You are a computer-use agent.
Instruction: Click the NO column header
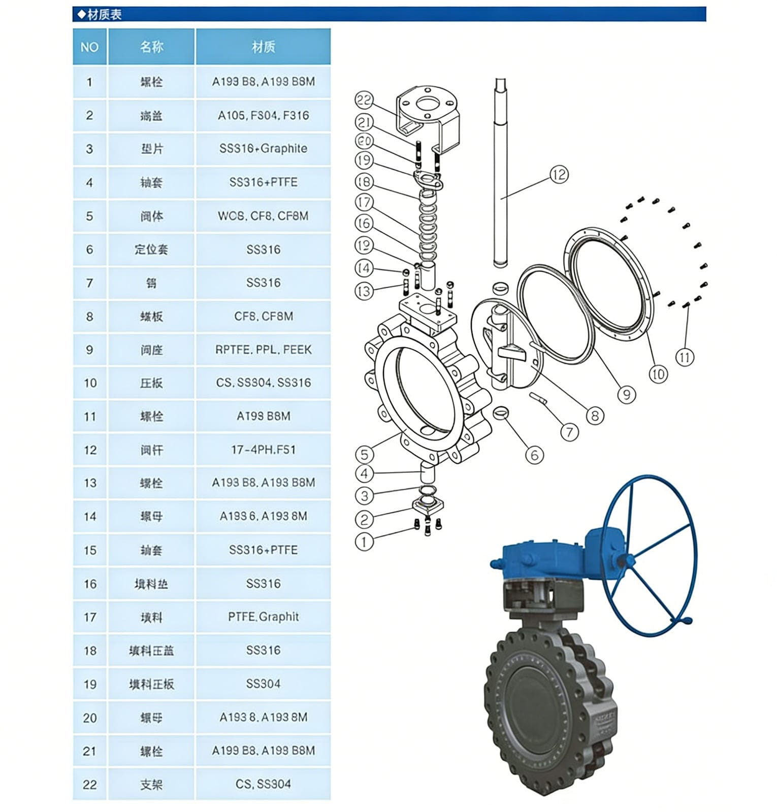[89, 47]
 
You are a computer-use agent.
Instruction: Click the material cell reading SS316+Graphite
[263, 149]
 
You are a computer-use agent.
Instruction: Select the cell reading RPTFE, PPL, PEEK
[263, 350]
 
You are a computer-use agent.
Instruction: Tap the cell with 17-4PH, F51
[263, 450]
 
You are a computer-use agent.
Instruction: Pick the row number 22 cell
[89, 785]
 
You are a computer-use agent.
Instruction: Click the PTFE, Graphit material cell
[263, 617]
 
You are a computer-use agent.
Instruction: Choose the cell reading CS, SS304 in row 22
[263, 785]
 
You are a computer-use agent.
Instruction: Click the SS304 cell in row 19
[263, 684]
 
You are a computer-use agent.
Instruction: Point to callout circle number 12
[559, 175]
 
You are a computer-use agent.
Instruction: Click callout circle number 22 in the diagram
[364, 100]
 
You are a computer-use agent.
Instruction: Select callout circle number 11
[685, 357]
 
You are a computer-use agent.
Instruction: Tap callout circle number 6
[534, 455]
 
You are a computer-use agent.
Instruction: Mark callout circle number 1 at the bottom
[364, 542]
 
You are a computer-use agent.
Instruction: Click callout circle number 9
[627, 394]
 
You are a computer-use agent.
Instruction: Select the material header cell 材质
[263, 47]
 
